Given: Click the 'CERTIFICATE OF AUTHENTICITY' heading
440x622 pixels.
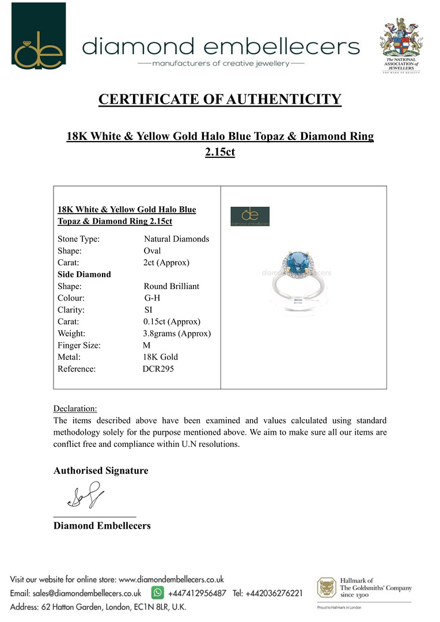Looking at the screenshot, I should click(220, 99).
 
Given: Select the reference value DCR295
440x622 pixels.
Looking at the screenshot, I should click(158, 369).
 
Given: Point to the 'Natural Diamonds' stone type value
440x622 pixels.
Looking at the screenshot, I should click(176, 238).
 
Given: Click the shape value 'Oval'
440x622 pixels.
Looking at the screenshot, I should click(152, 251).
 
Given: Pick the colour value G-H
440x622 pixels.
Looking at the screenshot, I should click(153, 298).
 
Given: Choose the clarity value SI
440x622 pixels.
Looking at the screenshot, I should click(149, 310).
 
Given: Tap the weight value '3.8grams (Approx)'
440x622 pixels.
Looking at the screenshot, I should click(177, 333).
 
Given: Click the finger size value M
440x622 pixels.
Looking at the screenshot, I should click(146, 345).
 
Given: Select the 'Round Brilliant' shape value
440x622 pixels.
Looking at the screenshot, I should click(172, 286).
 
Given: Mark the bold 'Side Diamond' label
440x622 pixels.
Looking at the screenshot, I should click(84, 274).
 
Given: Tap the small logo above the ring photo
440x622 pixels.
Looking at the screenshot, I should click(250, 216).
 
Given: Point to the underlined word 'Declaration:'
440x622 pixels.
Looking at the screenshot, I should click(75, 408).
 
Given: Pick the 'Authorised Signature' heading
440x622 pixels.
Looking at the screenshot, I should click(101, 471).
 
